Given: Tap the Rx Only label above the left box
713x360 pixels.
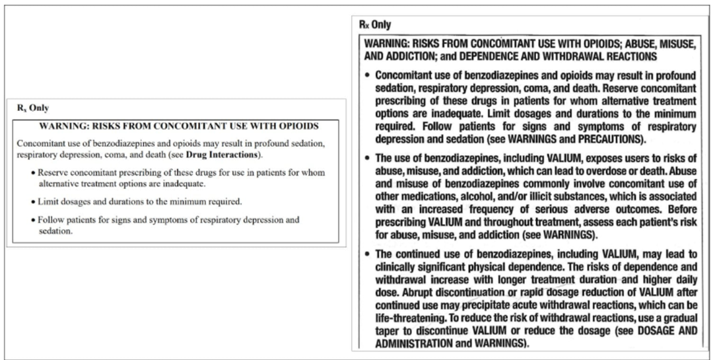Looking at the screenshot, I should click(33, 108).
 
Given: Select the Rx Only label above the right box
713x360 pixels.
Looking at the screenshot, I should click(375, 25).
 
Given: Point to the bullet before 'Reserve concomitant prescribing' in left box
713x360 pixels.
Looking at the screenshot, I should click(34, 173).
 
